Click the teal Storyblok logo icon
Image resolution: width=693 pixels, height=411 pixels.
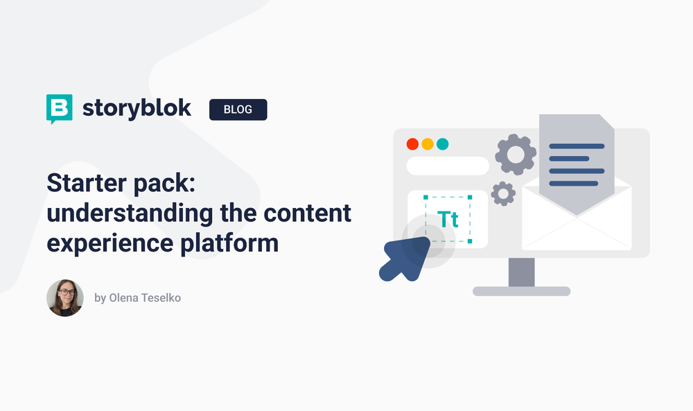coord(59,108)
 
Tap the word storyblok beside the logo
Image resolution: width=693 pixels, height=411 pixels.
coord(137,109)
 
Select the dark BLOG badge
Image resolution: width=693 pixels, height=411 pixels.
coord(238,110)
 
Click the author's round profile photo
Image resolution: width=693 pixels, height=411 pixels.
coord(65,298)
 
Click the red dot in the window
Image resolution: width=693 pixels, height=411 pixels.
coord(412,144)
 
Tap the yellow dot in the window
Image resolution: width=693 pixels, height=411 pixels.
coord(428,144)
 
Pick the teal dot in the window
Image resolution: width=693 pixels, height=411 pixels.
coord(442,144)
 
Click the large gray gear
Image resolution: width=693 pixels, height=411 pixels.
coord(515,154)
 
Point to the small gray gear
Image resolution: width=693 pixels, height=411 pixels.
coord(502,193)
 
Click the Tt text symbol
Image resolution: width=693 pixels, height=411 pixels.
coord(448,219)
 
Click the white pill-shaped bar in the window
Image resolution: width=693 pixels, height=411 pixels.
coord(448,166)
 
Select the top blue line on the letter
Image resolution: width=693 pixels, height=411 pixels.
coord(576,146)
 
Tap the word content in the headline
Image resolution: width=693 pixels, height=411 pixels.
coord(310,213)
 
